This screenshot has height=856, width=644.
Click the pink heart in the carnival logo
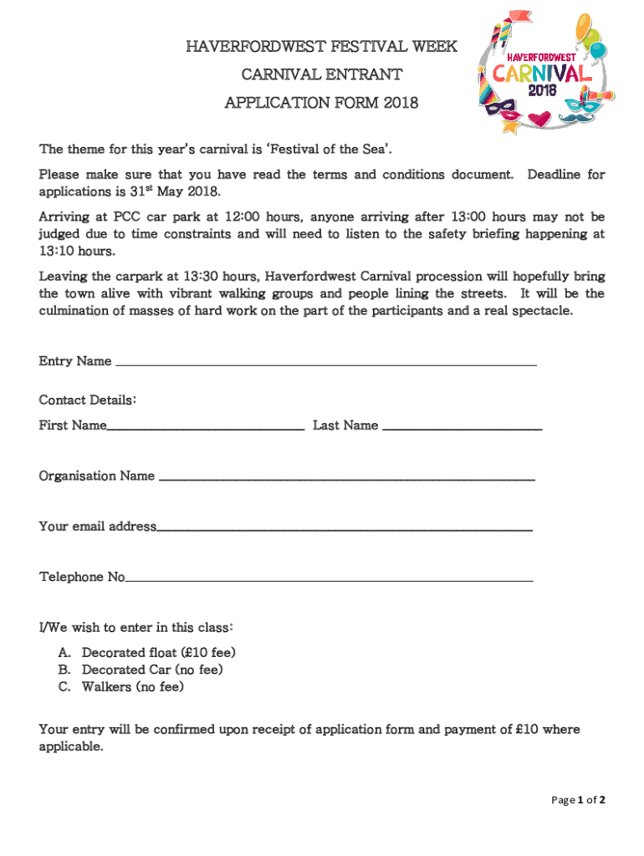[x=544, y=118]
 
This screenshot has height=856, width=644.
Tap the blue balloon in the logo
[x=597, y=52]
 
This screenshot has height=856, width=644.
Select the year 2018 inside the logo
[x=543, y=91]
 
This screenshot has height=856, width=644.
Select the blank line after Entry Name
[x=325, y=362]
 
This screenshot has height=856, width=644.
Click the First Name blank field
[x=205, y=426]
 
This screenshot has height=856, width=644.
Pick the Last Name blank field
[x=462, y=426]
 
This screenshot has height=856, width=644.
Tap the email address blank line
[x=345, y=527]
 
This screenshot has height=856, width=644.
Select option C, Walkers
[x=132, y=687]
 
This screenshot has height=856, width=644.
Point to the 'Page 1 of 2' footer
[x=578, y=800]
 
